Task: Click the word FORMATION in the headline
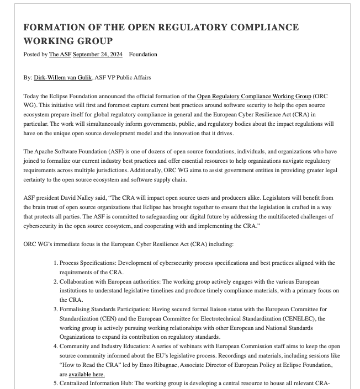[x=55, y=28]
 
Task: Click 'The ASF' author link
[x=60, y=54]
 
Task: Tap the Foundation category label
[x=143, y=54]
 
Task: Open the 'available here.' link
[x=87, y=374]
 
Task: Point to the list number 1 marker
[x=56, y=263]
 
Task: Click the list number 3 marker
[x=56, y=310]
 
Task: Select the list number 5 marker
[x=56, y=383]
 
